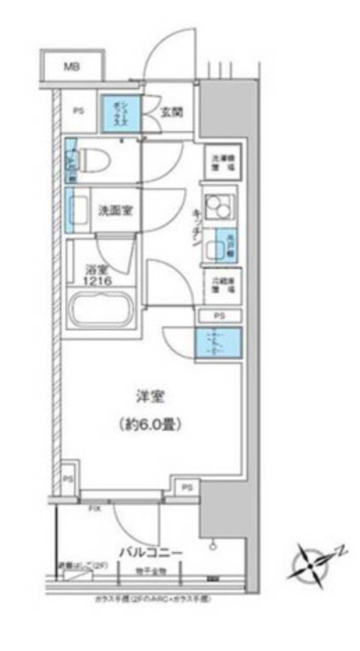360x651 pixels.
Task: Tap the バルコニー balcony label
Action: [x=151, y=552]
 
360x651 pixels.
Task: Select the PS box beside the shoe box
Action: [x=78, y=112]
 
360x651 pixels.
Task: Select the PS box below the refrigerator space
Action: [x=218, y=315]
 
